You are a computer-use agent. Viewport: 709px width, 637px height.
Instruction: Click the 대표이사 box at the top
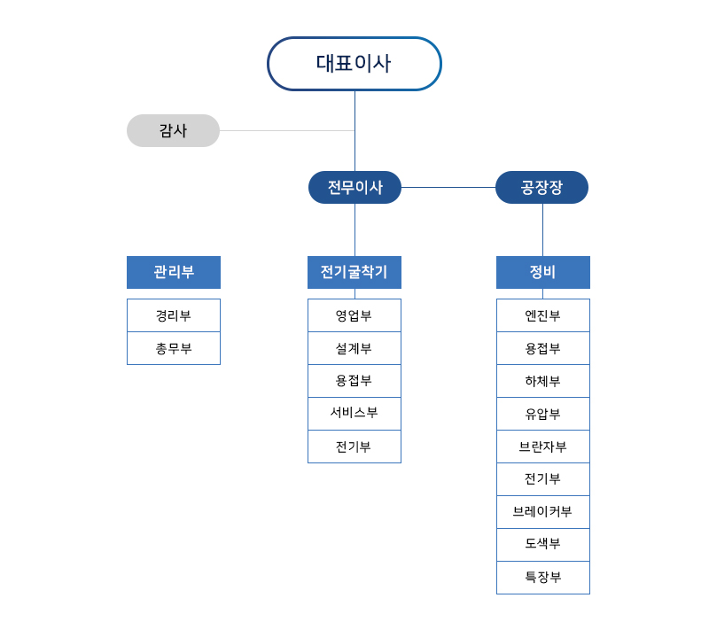pos(354,64)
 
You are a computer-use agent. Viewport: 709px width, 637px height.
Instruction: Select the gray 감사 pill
pos(173,130)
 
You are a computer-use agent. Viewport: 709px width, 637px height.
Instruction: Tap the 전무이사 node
pos(354,187)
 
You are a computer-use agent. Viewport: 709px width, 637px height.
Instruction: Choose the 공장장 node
pos(541,187)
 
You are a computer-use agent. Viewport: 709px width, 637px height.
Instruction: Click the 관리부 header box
pos(174,272)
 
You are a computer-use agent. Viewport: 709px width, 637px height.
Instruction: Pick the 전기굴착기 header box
pos(354,272)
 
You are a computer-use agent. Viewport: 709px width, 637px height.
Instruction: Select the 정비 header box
pos(543,272)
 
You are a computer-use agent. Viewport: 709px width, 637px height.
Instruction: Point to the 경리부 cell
pos(174,315)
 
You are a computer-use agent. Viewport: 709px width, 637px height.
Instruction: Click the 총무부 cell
pos(174,348)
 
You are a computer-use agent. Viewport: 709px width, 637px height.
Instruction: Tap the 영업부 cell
pos(354,315)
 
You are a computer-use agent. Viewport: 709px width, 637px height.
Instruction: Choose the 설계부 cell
pos(354,348)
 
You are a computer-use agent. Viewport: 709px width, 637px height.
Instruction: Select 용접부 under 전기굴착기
pos(354,381)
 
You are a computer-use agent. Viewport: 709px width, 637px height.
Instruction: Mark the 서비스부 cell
pos(354,414)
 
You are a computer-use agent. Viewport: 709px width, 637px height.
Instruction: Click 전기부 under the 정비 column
pos(543,479)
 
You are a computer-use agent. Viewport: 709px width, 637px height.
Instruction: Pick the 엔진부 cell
pos(543,315)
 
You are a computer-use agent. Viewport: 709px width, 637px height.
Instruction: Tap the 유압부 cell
pos(543,414)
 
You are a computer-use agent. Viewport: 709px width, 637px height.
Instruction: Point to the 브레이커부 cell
pos(543,512)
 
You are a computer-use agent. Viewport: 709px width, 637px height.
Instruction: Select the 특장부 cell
pos(543,578)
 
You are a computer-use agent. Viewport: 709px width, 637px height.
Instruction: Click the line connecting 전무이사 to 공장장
pos(448,187)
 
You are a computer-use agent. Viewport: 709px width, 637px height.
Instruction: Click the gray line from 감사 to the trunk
pos(287,130)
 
